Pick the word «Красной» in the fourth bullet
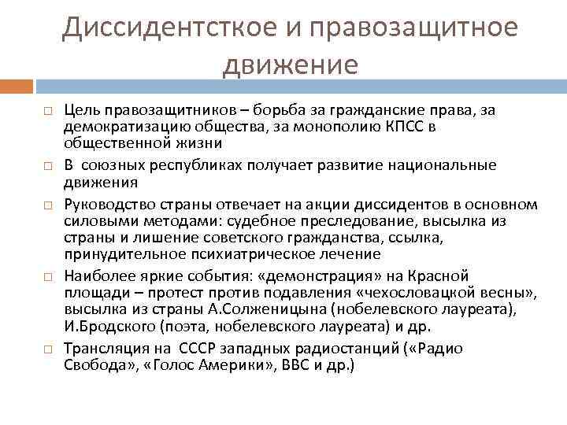click(x=440, y=275)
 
